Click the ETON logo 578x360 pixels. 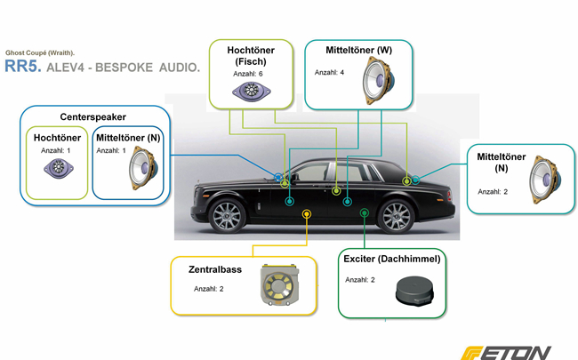click(506, 353)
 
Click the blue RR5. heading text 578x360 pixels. click(23, 66)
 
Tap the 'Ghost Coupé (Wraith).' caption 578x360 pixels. click(40, 52)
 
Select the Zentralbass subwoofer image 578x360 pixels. click(279, 284)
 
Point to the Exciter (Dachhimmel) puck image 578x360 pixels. click(414, 291)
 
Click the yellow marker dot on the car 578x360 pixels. click(307, 213)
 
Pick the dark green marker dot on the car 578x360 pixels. click(365, 212)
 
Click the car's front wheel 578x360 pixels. click(227, 216)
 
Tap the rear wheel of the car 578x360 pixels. click(397, 217)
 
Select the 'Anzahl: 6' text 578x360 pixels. click(248, 74)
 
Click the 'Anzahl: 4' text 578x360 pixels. click(329, 73)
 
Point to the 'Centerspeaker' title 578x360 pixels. click(92, 116)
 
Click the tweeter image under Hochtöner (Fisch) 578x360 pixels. click(252, 91)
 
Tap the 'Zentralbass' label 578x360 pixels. click(215, 269)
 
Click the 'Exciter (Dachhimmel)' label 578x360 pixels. click(392, 259)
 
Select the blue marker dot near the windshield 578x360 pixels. click(278, 177)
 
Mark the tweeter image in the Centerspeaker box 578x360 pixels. click(59, 168)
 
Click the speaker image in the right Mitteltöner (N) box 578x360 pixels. click(545, 180)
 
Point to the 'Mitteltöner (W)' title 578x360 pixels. click(358, 50)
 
